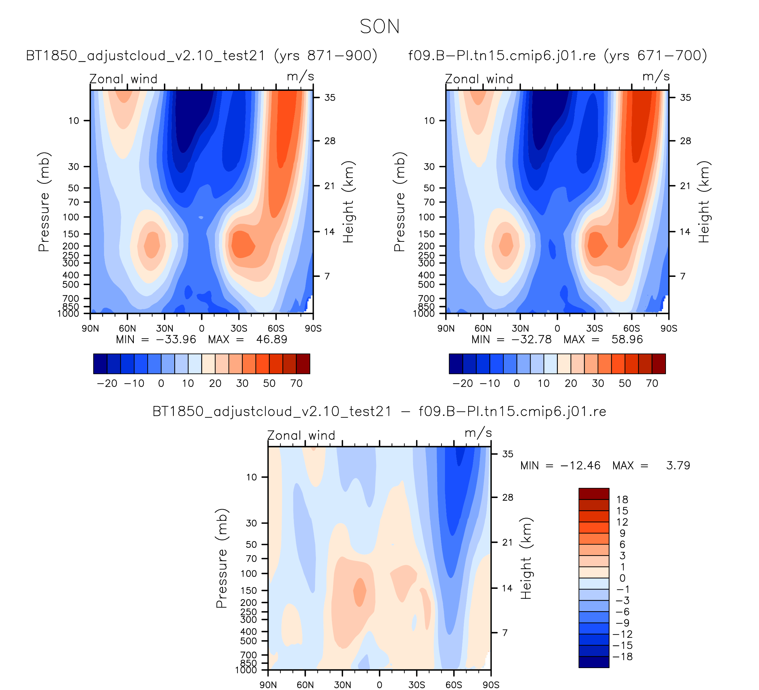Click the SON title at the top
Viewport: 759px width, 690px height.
379,27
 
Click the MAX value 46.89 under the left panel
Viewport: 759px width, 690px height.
271,340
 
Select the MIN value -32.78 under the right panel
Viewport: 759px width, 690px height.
531,340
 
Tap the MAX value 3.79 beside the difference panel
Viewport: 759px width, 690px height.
678,466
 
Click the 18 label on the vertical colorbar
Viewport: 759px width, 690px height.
622,500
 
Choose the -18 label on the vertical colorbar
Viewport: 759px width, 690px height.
622,657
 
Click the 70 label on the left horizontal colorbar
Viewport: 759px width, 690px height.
296,383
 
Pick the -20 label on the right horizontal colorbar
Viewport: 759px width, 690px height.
463,383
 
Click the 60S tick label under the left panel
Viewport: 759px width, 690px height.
276,329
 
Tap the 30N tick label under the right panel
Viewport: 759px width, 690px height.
520,329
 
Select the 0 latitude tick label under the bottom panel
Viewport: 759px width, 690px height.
379,685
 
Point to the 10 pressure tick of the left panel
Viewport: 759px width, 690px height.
74,121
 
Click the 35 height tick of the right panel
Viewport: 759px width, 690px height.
686,98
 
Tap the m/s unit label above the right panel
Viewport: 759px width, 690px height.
656,77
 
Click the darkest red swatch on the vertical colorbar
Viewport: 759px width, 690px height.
594,494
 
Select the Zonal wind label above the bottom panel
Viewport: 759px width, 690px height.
301,436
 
